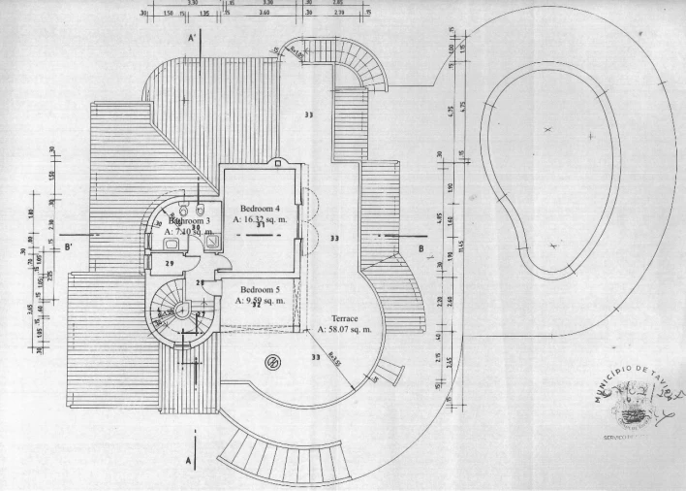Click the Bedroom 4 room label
[x=260, y=208]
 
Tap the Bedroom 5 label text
[x=259, y=290]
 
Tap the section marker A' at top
[x=194, y=37]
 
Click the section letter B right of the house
[x=421, y=248]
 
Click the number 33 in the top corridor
[x=308, y=115]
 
